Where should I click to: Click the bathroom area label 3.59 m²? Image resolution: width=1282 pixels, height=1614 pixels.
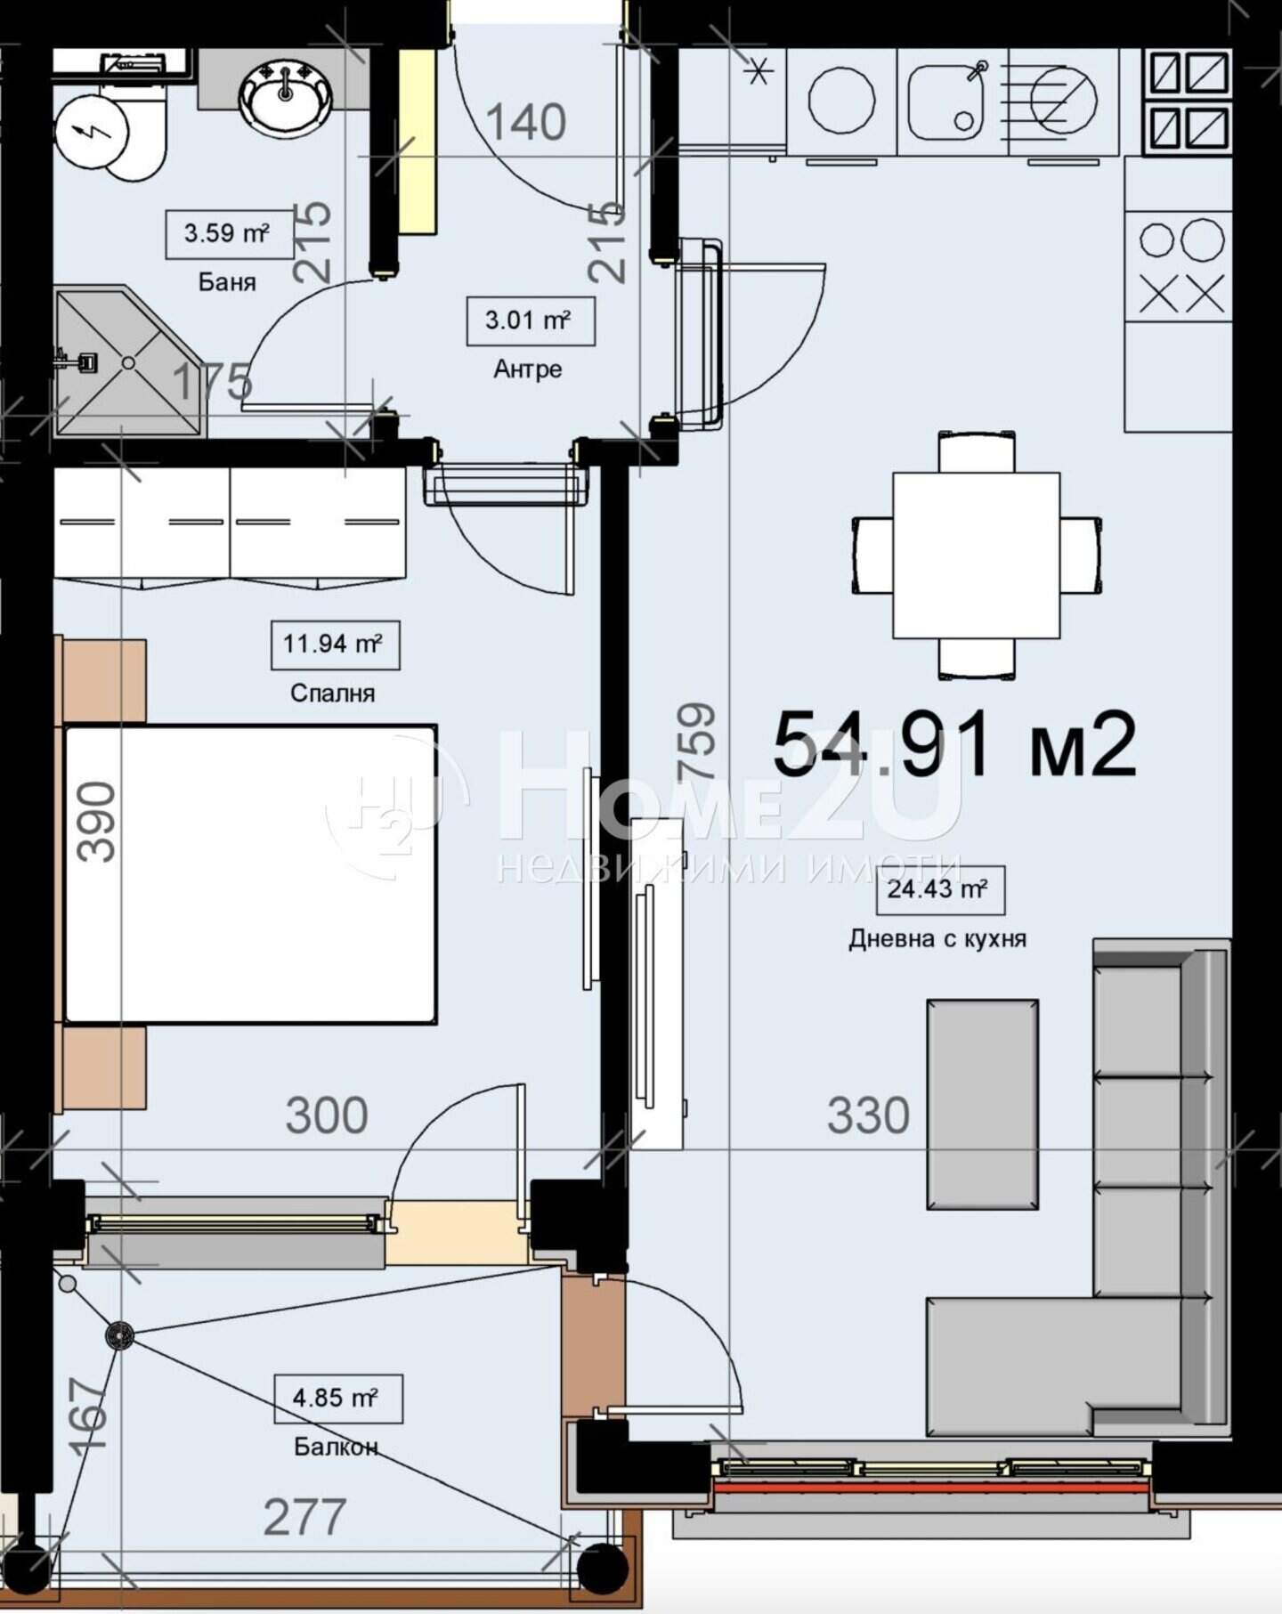coord(230,234)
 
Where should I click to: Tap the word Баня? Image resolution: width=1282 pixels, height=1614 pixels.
coord(227,282)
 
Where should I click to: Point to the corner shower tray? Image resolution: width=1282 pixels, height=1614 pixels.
coord(130,363)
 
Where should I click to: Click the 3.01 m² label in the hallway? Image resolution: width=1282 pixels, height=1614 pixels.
coord(531,320)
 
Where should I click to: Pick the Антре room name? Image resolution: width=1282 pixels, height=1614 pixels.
coord(528,369)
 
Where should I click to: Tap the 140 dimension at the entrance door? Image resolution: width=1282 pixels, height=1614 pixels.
coord(526,122)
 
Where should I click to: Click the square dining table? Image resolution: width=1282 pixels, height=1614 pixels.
coord(977,556)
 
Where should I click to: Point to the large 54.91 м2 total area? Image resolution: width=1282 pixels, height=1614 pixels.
coord(954,745)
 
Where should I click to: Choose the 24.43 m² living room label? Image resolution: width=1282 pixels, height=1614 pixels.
coord(940,889)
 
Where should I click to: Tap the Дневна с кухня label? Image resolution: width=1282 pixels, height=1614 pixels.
coord(937,938)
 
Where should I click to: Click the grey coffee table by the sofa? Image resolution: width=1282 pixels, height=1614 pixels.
coord(983,1104)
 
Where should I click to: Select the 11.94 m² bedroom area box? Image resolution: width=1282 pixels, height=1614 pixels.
coord(335,645)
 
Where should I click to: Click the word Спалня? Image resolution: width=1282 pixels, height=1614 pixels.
coord(333,693)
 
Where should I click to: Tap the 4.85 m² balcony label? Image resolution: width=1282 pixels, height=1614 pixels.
coord(337,1399)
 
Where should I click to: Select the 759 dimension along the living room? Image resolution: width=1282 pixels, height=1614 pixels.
coord(695,741)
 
